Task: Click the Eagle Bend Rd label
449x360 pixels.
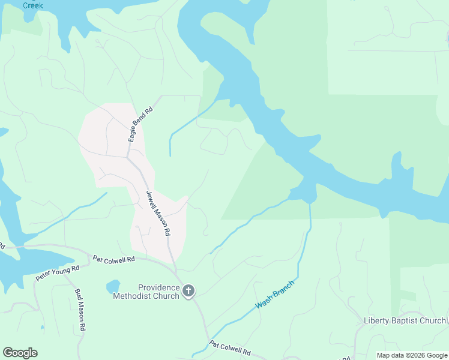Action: point(140,124)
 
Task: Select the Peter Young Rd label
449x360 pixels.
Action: point(58,273)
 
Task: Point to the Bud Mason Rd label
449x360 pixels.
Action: point(80,310)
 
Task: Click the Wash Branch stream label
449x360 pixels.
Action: point(275,295)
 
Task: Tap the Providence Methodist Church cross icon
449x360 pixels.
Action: point(188,292)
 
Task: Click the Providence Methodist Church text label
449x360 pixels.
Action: point(158,292)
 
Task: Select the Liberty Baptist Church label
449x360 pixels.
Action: point(405,320)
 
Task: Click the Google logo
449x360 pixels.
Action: point(20,353)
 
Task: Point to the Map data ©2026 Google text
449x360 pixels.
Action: point(412,355)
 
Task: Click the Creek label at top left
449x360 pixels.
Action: point(33,5)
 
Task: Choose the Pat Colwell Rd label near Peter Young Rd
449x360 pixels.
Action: point(115,259)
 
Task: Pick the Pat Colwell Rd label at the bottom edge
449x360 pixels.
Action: point(230,348)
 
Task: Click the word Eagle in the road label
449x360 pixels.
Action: point(133,133)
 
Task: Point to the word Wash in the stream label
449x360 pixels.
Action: point(264,302)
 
